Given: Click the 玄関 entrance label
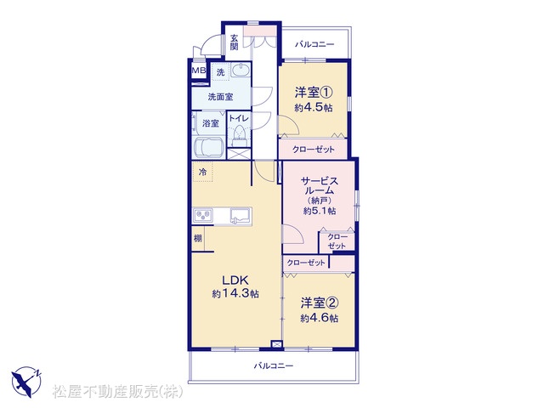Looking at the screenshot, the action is (235, 42).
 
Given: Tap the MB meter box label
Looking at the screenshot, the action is (199, 71).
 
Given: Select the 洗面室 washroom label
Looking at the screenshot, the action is (220, 97).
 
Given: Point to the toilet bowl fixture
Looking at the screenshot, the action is (238, 134).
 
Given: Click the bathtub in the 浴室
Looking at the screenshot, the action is (209, 148).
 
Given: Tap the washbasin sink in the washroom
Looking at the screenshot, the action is (240, 71).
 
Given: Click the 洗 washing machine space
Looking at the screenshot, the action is (221, 72).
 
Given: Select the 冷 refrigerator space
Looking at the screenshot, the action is (203, 172).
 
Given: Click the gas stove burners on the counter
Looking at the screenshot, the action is (204, 216).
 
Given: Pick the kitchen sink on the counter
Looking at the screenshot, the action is (241, 216).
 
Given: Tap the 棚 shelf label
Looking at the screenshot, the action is (198, 238).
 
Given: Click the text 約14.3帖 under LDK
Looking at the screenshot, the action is (235, 294).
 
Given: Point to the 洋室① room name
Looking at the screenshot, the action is (314, 93).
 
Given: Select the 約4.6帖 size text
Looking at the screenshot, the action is (320, 318).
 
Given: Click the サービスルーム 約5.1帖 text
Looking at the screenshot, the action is (320, 195).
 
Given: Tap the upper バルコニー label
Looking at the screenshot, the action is (314, 45).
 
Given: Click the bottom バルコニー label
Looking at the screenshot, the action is (274, 365).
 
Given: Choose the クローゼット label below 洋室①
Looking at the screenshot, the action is (314, 150).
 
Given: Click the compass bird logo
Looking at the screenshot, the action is (26, 382).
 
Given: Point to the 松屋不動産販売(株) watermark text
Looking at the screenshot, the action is (117, 392).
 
